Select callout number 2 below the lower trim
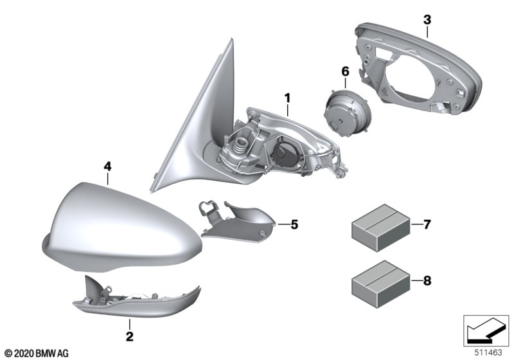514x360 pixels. (x=130, y=336)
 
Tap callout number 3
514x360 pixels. (x=427, y=20)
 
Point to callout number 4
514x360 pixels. (x=107, y=166)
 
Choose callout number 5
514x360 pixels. (x=294, y=224)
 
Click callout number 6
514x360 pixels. (x=346, y=71)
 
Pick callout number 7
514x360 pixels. (x=427, y=224)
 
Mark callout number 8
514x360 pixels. (x=427, y=281)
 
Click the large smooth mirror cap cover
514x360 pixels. (x=121, y=230)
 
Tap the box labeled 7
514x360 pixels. (x=380, y=228)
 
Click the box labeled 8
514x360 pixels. (x=380, y=284)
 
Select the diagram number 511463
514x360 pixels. (x=488, y=353)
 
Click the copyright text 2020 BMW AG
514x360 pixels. (x=37, y=354)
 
